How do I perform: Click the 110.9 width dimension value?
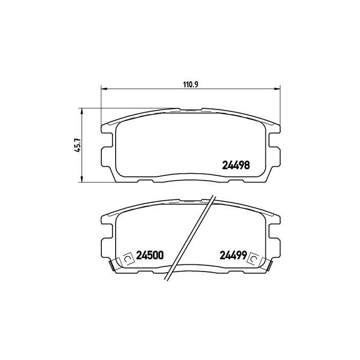(x=191, y=84)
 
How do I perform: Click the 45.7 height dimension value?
(x=77, y=145)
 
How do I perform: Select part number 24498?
(x=236, y=165)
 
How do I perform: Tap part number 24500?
(x=150, y=255)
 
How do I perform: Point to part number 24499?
(x=233, y=255)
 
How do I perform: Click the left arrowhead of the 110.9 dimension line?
(x=104, y=88)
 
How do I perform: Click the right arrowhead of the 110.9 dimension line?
(x=277, y=88)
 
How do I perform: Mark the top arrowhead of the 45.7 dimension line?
(x=81, y=112)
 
